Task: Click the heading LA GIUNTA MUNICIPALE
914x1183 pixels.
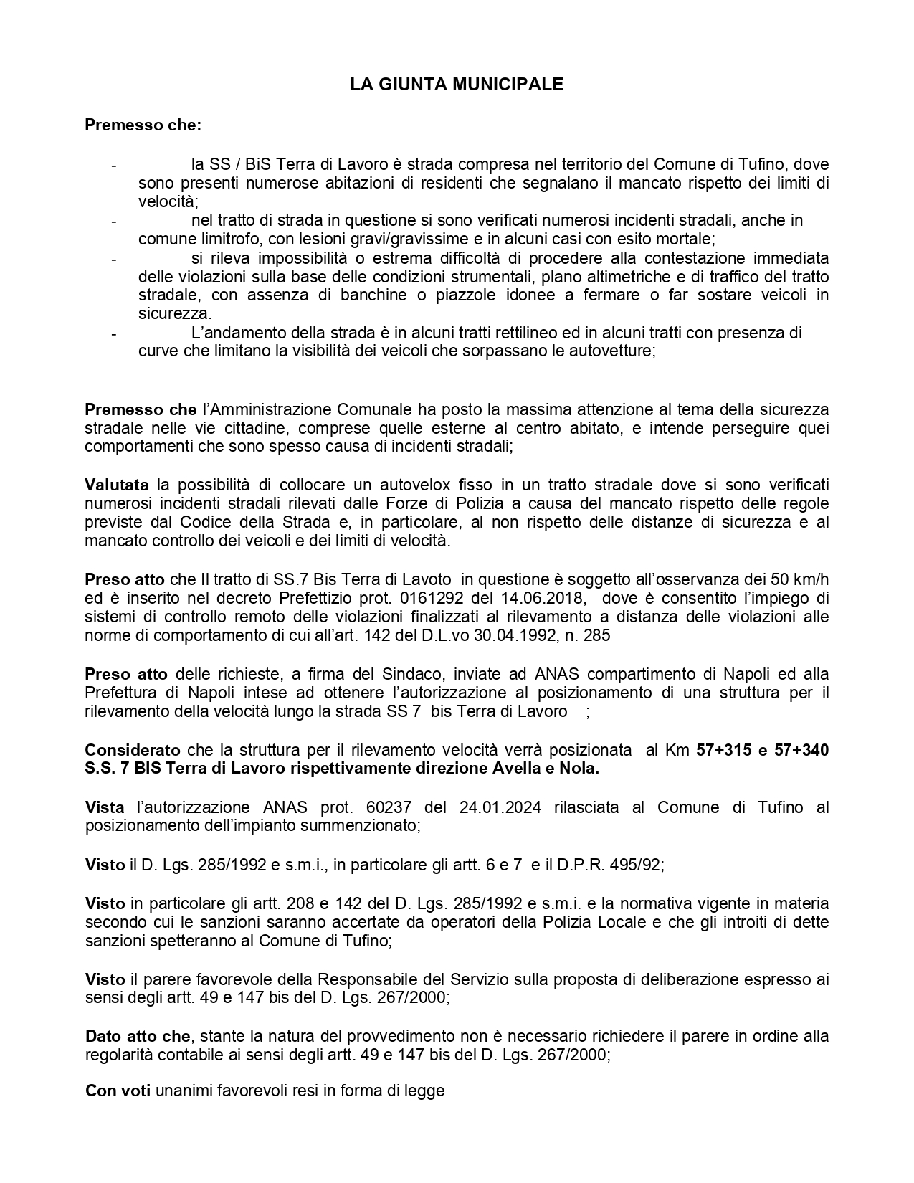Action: tap(457, 85)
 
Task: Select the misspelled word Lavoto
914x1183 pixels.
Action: tap(429, 579)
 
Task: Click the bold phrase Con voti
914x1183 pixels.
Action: tap(118, 1091)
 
